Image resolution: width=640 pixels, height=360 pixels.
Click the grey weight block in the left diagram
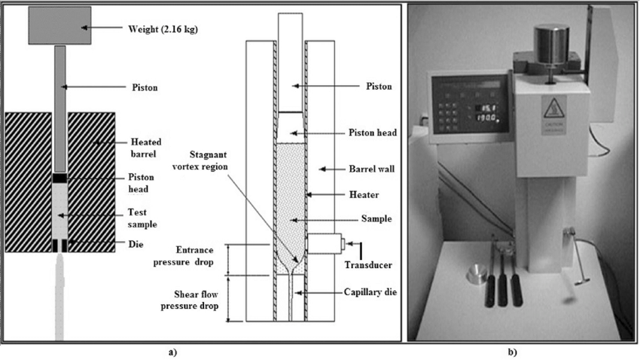[x=59, y=25]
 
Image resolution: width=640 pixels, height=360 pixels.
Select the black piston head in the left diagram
[x=59, y=178]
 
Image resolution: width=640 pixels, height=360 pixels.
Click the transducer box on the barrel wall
[x=326, y=244]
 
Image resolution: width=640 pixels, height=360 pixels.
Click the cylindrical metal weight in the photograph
[x=552, y=41]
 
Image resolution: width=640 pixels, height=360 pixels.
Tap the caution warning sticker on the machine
[x=552, y=117]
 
